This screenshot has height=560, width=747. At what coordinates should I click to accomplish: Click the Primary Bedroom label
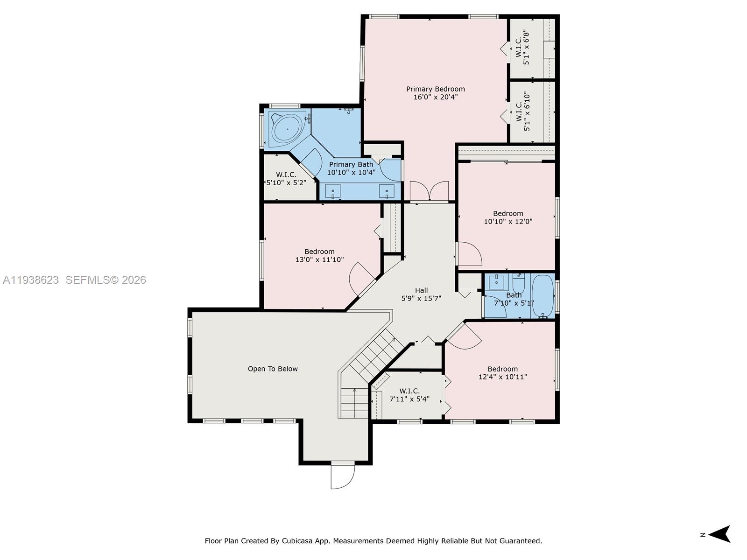[435, 89]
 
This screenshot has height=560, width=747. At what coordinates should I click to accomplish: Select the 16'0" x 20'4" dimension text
[435, 97]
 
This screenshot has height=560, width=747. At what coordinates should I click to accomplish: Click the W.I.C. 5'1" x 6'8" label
[522, 47]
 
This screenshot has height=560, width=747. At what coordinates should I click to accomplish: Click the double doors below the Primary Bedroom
[429, 191]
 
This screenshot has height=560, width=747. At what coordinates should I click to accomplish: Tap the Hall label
[421, 290]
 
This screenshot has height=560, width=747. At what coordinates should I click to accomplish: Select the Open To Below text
[273, 369]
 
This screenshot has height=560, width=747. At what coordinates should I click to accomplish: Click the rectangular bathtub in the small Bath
[542, 295]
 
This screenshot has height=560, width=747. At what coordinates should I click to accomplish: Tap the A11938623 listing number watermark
[31, 280]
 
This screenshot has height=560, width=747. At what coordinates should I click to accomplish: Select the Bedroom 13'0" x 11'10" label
[319, 255]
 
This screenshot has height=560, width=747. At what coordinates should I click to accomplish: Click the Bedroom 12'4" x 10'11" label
[502, 372]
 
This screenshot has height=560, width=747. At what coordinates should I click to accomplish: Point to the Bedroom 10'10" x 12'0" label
[508, 217]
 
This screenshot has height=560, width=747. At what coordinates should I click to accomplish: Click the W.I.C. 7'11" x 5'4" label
[409, 395]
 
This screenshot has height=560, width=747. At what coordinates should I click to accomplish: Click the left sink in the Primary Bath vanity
[333, 191]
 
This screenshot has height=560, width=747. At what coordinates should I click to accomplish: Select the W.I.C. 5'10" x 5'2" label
[286, 179]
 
